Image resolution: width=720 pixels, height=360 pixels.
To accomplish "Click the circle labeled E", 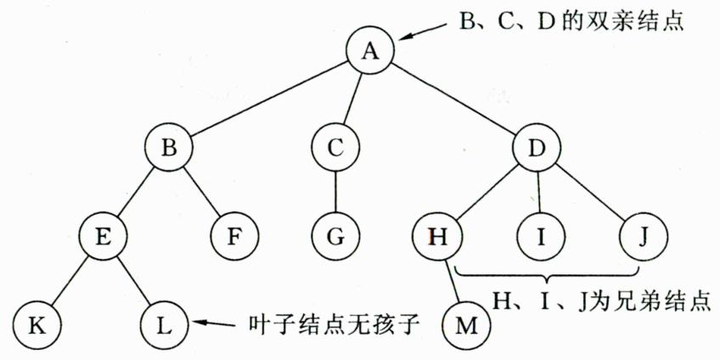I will pyautogui.click(x=104, y=235).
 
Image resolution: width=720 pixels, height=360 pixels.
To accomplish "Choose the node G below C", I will pyautogui.click(x=336, y=235).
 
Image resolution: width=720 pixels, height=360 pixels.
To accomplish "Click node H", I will pyautogui.click(x=437, y=235).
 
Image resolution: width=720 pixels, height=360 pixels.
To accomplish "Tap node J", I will pyautogui.click(x=642, y=235).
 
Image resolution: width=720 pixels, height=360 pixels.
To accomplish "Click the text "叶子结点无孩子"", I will pyautogui.click(x=334, y=323).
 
